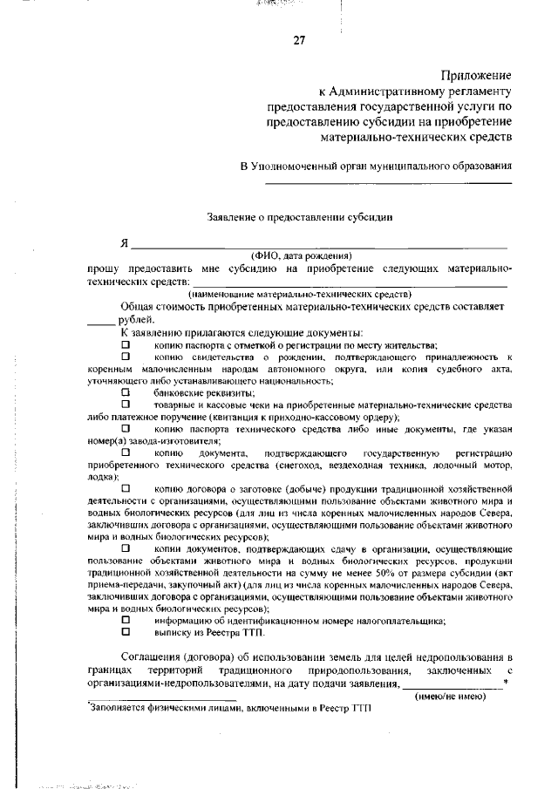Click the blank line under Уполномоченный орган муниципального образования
[388, 182]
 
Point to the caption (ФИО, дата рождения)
[301, 256]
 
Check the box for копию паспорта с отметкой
[126, 345]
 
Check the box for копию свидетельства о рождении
[126, 357]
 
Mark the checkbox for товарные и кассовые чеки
[126, 405]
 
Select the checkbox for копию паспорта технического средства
[126, 429]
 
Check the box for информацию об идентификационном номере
[126, 619]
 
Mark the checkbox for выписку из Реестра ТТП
[126, 631]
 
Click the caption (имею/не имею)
[450, 697]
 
